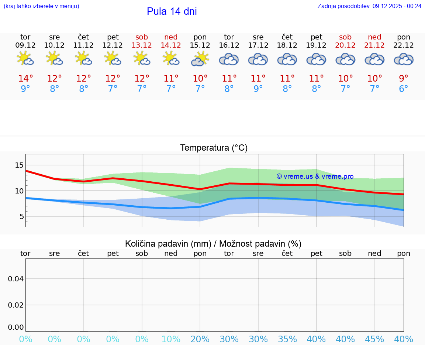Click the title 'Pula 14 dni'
click(x=172, y=11)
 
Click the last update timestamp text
click(x=369, y=6)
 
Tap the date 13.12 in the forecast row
click(x=142, y=45)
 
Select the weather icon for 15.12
click(x=200, y=59)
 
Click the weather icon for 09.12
click(x=25, y=59)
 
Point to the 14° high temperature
click(x=25, y=79)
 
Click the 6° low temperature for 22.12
click(x=404, y=89)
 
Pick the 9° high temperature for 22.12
click(x=404, y=79)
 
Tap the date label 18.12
click(x=287, y=45)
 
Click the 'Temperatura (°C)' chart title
click(x=214, y=148)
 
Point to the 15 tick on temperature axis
click(x=19, y=165)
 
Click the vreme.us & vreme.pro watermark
click(x=315, y=176)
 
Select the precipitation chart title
click(x=213, y=244)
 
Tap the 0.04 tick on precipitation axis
click(x=16, y=279)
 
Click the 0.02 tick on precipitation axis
click(x=16, y=305)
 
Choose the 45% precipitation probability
click(x=374, y=339)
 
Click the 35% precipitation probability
click(x=287, y=339)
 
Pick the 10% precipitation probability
click(x=171, y=339)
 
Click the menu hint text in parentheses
click(x=41, y=6)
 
